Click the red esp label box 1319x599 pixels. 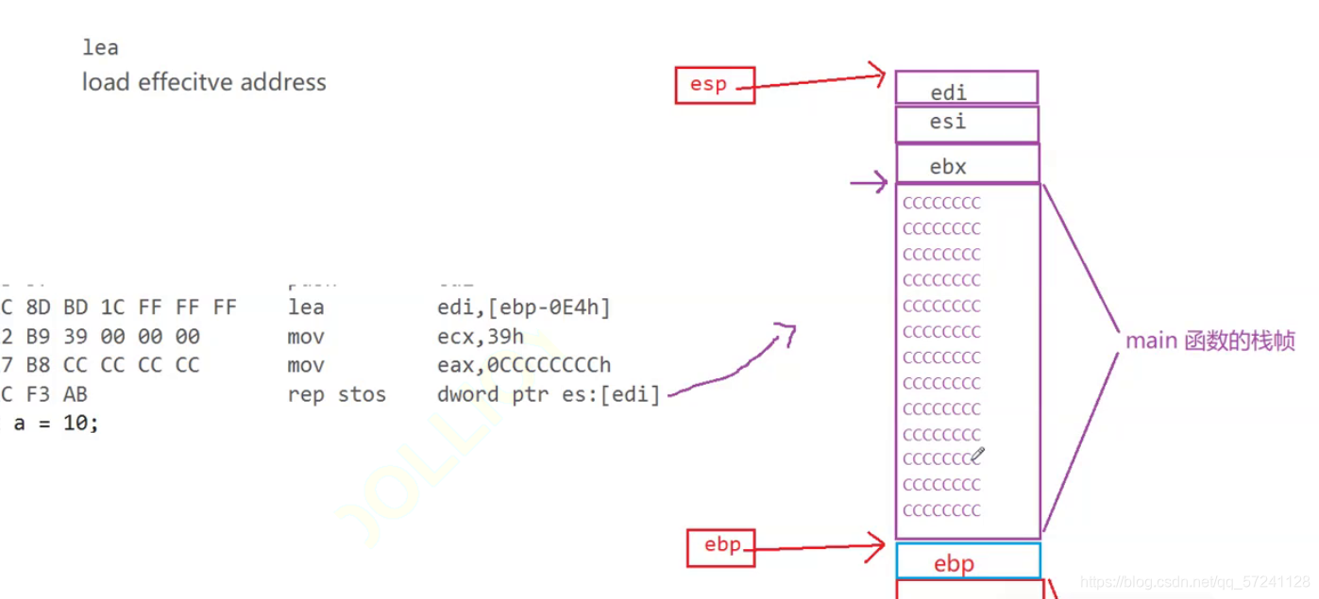coord(714,85)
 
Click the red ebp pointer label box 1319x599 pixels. coord(720,546)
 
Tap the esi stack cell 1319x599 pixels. coord(966,124)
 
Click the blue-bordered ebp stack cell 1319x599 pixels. coord(968,561)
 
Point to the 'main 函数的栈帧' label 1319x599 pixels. coord(1209,341)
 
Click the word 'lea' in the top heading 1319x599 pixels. coord(100,47)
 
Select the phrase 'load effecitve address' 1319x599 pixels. coord(204,82)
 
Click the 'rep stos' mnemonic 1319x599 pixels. coord(336,394)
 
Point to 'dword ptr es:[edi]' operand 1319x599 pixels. coord(548,394)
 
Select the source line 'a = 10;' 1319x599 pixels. coord(56,424)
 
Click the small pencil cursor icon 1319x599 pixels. coord(977,456)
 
